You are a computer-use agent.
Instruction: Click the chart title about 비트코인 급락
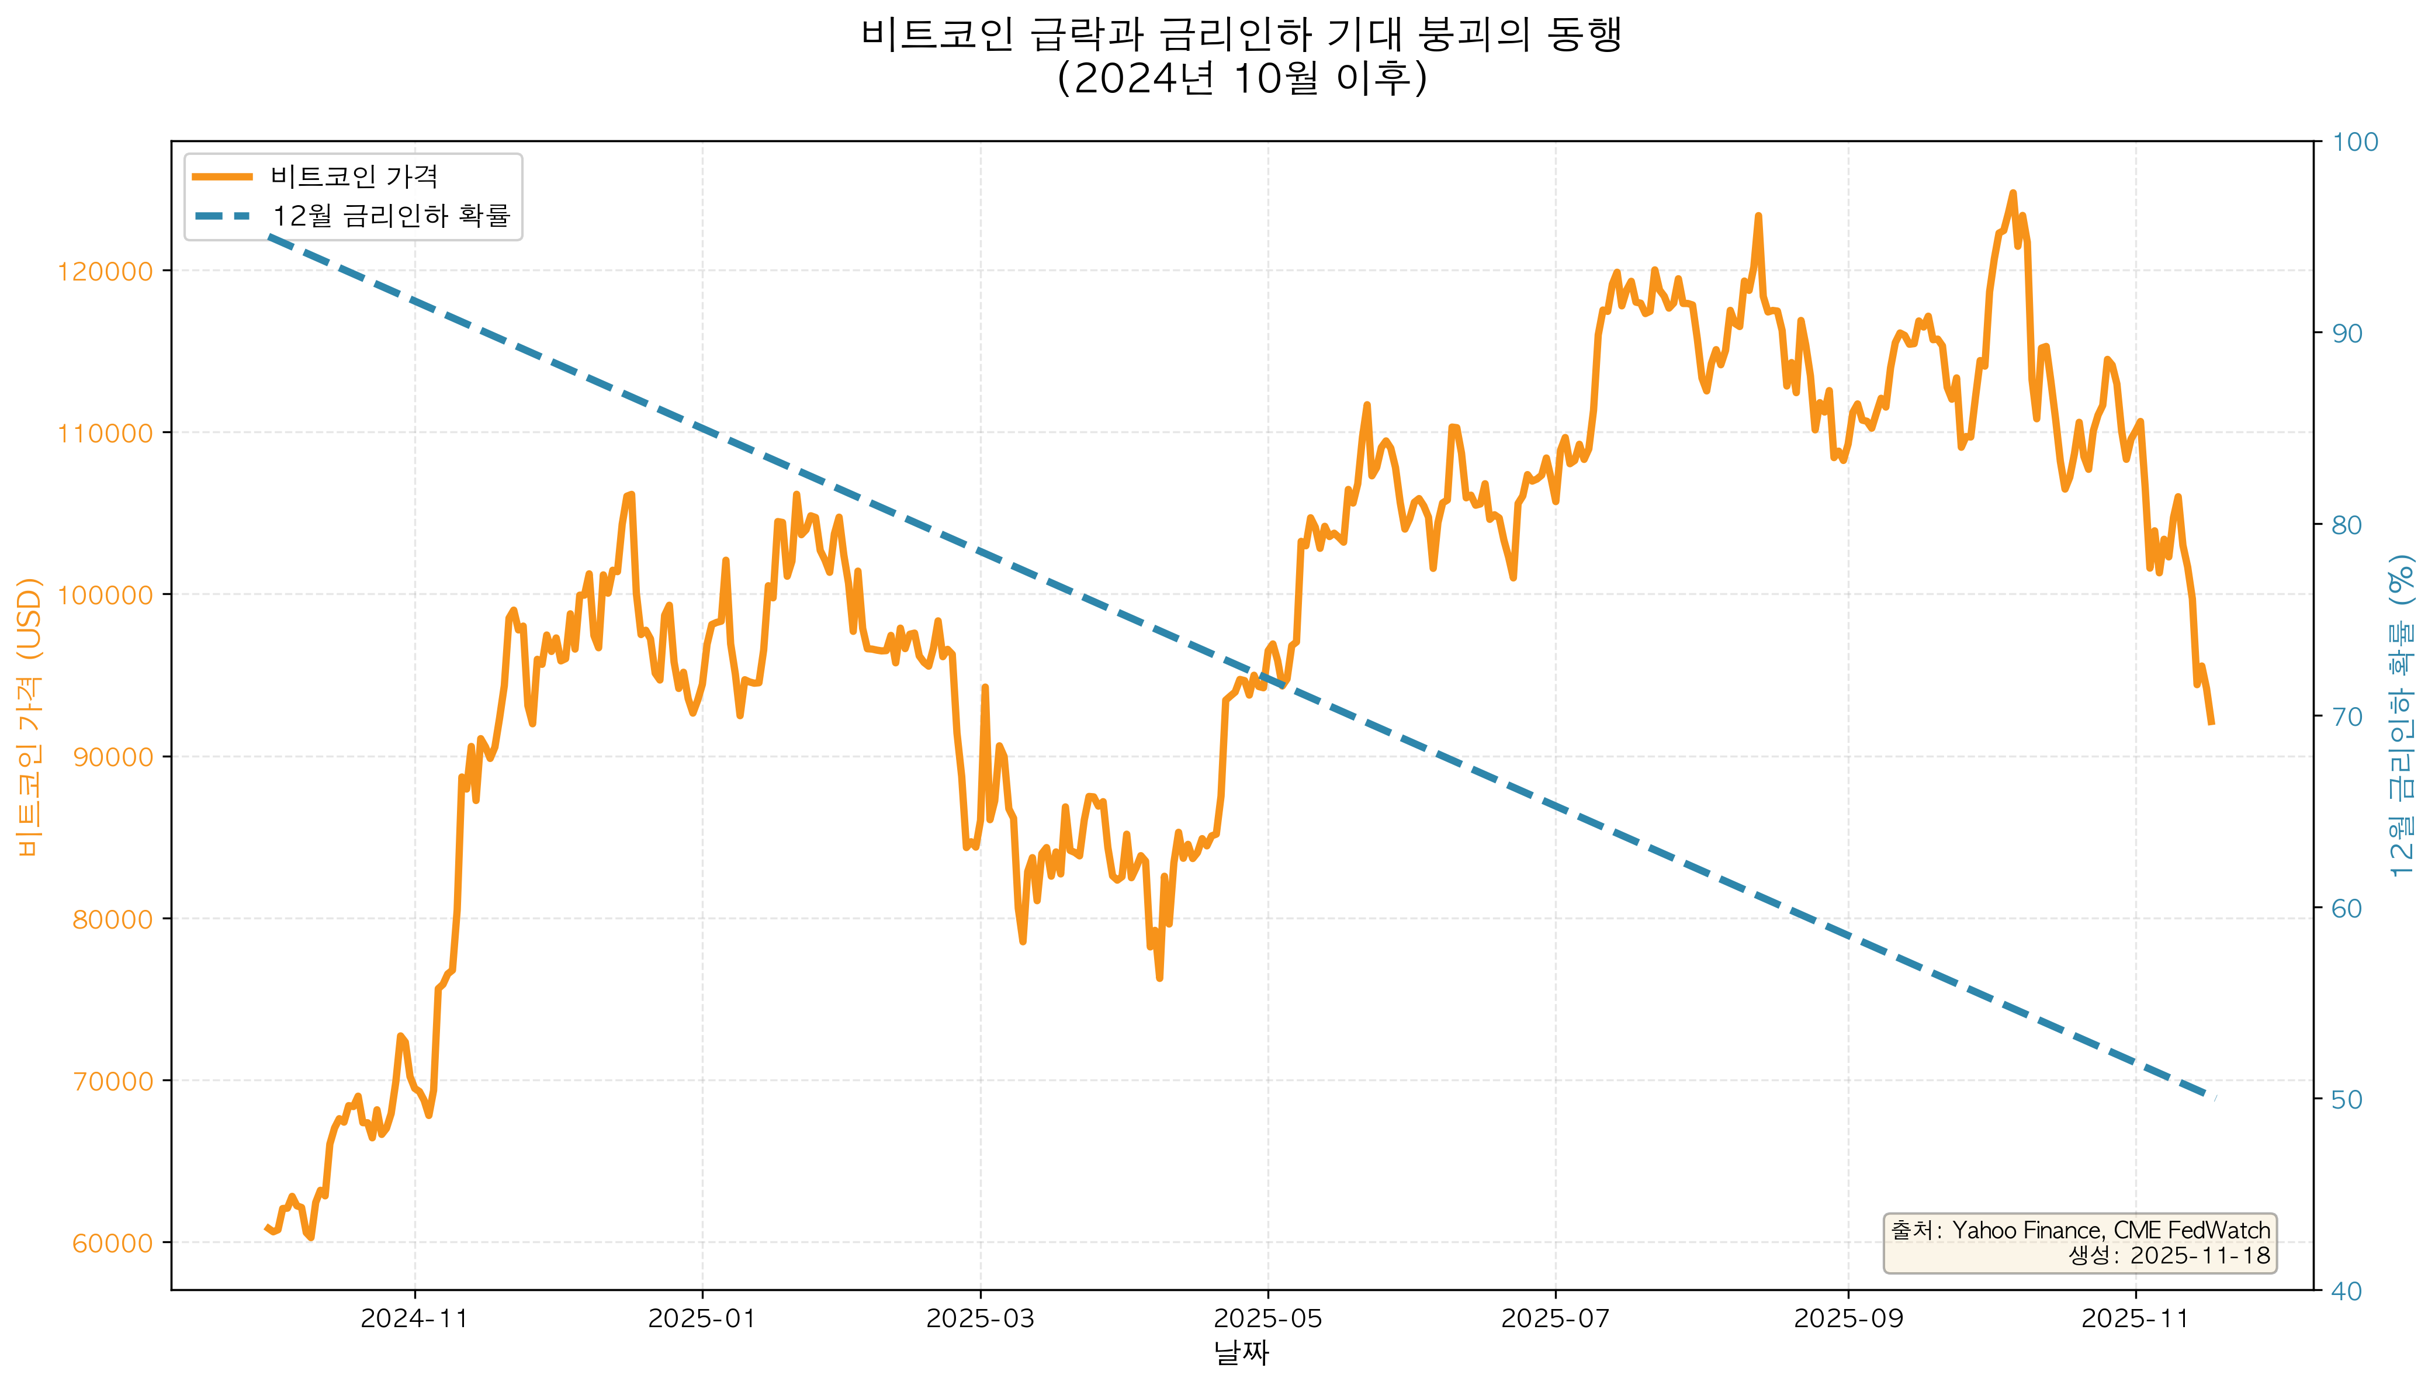pos(1241,36)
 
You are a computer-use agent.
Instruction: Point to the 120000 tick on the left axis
pos(105,272)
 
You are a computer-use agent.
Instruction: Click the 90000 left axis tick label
pos(112,757)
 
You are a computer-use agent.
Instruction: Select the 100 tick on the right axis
pos(2354,142)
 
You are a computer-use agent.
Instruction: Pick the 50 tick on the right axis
pos(2347,1100)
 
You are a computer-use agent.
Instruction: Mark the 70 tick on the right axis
pos(2347,716)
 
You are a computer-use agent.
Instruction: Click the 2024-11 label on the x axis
pos(415,1318)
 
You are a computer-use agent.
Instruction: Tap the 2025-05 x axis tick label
pos(1268,1318)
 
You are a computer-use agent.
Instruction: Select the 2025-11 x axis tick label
pos(2135,1318)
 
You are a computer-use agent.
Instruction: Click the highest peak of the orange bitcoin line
pos(2012,193)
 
